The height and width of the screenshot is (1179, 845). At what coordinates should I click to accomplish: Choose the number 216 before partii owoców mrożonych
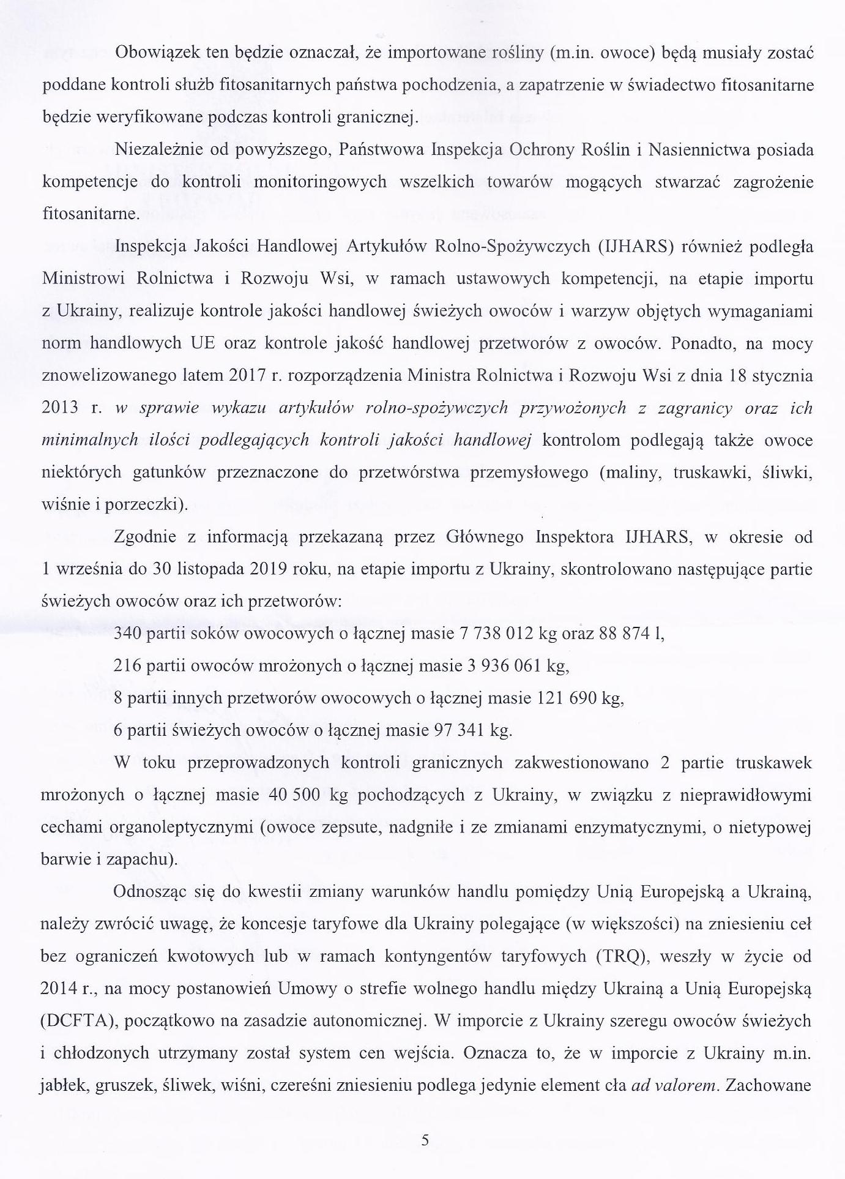tap(126, 665)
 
